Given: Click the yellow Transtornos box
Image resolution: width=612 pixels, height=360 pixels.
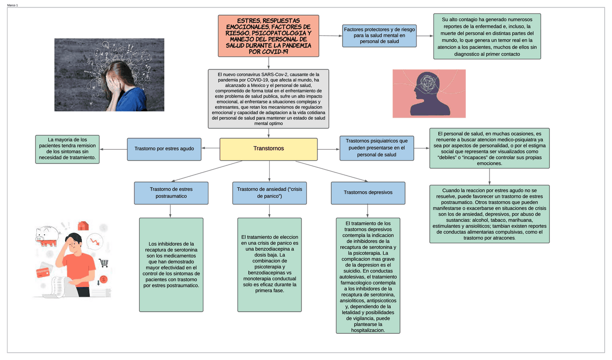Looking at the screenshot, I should coord(268,149).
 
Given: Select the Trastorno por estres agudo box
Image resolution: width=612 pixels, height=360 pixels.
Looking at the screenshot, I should coord(164,149).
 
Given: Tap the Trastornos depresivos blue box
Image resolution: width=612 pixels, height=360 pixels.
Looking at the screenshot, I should coord(368,192).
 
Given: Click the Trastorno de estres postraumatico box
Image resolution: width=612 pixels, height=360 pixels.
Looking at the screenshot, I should coord(171,193).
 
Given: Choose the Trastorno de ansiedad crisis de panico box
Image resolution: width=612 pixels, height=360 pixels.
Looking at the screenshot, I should coord(269,193).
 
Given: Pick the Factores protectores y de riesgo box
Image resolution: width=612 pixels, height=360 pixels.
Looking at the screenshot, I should coord(379,35).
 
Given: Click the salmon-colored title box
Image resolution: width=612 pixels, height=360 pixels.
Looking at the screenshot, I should coord(268,35).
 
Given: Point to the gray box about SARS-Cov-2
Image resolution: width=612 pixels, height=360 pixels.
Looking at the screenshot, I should coord(268,99).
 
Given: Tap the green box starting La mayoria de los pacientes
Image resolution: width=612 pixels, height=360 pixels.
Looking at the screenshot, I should coord(67,149).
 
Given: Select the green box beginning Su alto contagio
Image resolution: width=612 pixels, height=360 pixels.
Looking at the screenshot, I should coord(487,36).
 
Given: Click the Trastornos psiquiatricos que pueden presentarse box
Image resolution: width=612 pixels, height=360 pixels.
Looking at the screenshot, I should coord(376,148).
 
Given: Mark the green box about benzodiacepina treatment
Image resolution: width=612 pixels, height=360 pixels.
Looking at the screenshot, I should coord(269,264).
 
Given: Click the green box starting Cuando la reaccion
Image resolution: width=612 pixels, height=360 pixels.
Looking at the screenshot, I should coord(489,214).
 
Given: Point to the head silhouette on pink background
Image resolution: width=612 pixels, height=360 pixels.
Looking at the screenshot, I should coord(428,93).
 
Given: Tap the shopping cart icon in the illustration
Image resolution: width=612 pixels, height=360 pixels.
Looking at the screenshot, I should coord(103,263).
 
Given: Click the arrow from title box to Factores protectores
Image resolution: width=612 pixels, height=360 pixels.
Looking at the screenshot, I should coord(330,36).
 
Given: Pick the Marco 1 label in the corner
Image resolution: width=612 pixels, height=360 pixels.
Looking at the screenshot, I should coord(12,5).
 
